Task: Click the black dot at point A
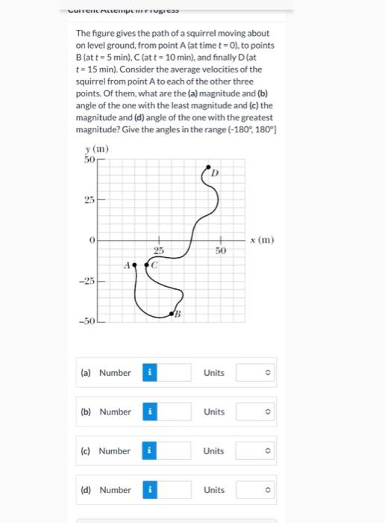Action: point(136,263)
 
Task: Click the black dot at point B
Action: point(174,315)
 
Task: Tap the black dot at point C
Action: point(149,264)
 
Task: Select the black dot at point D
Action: point(208,168)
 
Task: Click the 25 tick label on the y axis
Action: point(90,200)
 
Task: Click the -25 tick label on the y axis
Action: point(87,282)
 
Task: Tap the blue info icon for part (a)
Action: point(148,373)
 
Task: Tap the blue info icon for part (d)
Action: point(148,490)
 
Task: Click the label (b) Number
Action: point(105,412)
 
